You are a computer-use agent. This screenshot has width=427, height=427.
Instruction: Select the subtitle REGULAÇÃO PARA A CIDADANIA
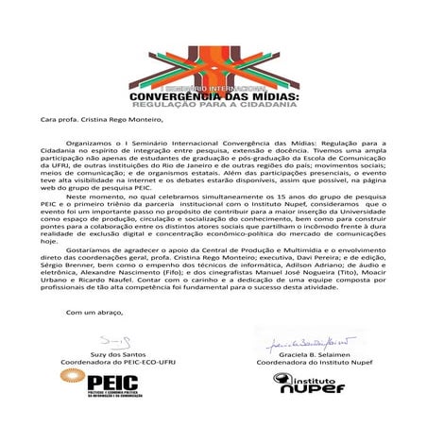click(214, 106)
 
